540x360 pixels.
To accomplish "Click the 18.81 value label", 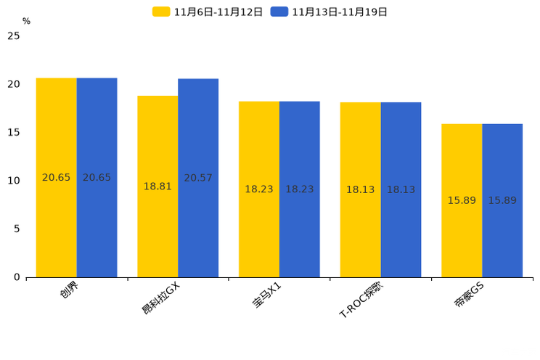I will pyautogui.click(x=157, y=187).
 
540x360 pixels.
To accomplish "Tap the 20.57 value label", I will pyautogui.click(x=198, y=178).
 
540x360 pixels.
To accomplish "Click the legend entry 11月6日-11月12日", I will pyautogui.click(x=208, y=12).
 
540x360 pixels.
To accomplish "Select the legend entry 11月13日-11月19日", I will pyautogui.click(x=330, y=12).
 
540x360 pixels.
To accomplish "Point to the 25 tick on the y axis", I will pyautogui.click(x=14, y=36).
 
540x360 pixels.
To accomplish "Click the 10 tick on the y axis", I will pyautogui.click(x=14, y=181).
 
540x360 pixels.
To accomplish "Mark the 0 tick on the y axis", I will pyautogui.click(x=17, y=277).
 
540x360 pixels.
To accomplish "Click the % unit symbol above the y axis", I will pyautogui.click(x=26, y=22).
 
